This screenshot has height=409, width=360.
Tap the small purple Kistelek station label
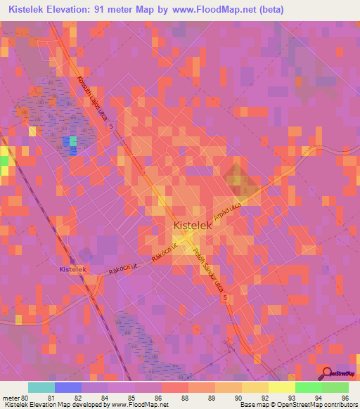pyautogui.click(x=72, y=269)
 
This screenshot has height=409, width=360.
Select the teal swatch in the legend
pyautogui.click(x=41, y=387)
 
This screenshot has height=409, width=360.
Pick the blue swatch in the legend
pyautogui.click(x=68, y=387)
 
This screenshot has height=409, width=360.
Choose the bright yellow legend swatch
pyautogui.click(x=281, y=387)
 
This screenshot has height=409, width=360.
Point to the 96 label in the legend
pyautogui.click(x=345, y=398)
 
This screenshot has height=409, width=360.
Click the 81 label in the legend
pyautogui.click(x=51, y=398)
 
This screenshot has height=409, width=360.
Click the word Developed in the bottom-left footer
pyautogui.click(x=91, y=405)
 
